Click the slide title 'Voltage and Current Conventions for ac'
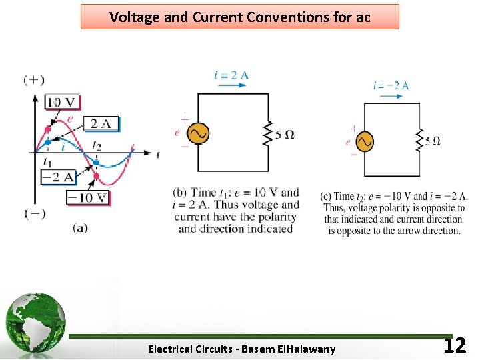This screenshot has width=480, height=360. [240, 17]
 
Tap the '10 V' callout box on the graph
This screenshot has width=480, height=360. [62, 102]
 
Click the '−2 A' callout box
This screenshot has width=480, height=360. [58, 177]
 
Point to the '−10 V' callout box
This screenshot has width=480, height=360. [87, 197]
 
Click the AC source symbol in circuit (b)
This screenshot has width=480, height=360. [198, 133]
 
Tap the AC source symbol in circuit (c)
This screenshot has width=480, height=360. [364, 141]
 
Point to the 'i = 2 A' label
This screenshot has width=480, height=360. [231, 75]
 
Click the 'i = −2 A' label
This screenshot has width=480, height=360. [391, 85]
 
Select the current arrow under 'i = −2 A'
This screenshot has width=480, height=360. [391, 96]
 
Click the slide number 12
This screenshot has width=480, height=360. [455, 345]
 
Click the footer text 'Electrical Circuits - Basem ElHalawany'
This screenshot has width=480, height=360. [242, 349]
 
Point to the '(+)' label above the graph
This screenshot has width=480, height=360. [34, 80]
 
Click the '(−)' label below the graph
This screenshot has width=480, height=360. [34, 213]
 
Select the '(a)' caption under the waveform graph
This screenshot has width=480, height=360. [80, 227]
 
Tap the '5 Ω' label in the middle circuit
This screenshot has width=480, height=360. [285, 134]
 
